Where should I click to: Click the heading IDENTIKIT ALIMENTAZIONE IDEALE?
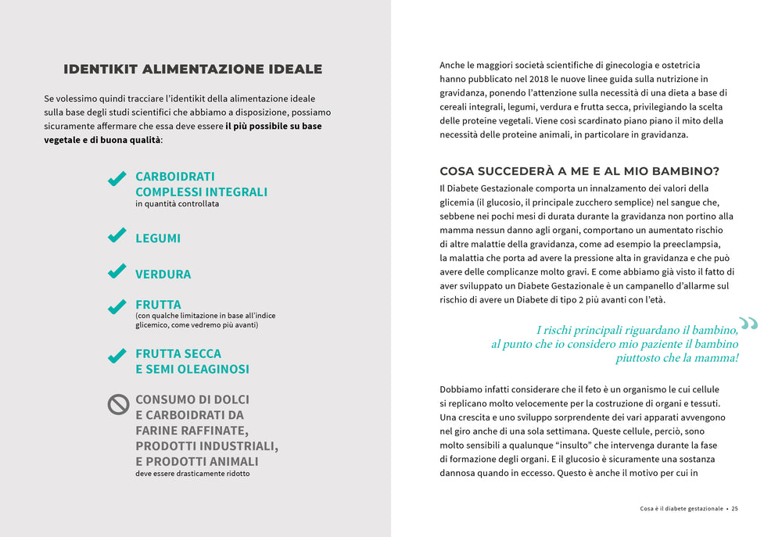(192, 70)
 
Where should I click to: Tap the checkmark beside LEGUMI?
(117, 235)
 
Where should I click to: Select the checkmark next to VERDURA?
(117, 271)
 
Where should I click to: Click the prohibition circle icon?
(118, 404)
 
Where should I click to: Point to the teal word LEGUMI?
(158, 238)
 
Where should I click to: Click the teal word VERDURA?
(163, 274)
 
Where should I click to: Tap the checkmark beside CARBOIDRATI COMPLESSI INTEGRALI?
(117, 179)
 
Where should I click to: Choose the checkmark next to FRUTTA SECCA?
(117, 356)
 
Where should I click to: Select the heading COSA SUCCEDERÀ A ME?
(579, 171)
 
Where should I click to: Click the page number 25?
(735, 508)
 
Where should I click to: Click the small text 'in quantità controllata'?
(177, 204)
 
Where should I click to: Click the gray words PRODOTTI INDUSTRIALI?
(206, 446)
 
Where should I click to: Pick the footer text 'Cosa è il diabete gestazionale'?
(681, 508)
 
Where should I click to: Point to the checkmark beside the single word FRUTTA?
(117, 306)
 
